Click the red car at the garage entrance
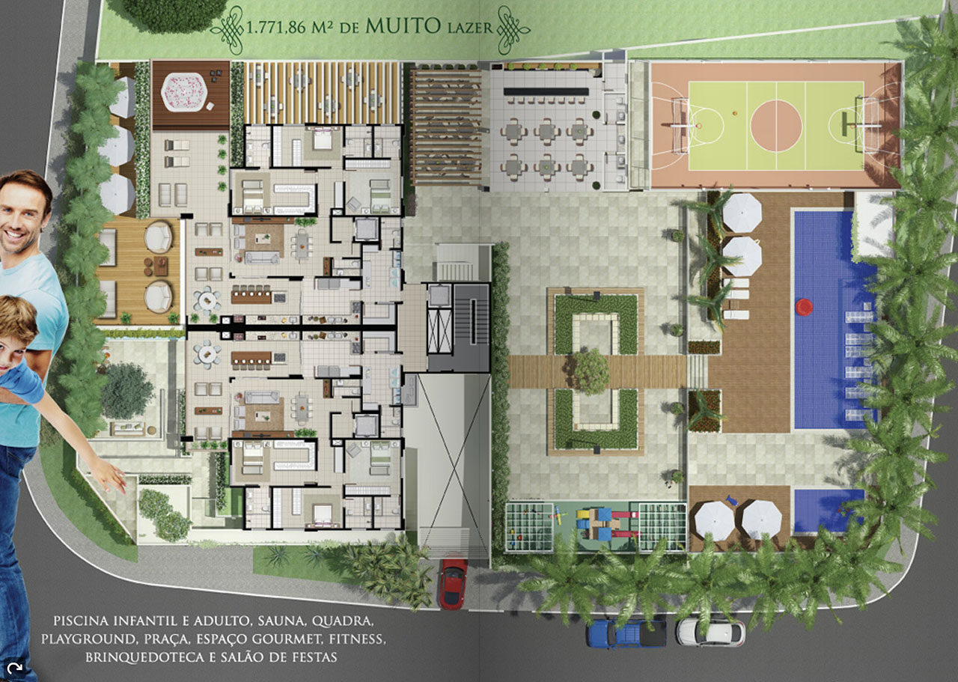(x=453, y=582)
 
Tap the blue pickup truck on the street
(x=626, y=633)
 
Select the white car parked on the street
(x=710, y=632)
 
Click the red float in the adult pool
(x=805, y=306)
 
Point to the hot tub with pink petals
(x=184, y=92)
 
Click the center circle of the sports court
(x=776, y=126)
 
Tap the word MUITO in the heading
(x=403, y=26)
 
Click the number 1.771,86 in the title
(x=276, y=28)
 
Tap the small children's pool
(x=829, y=511)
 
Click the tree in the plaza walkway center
(x=591, y=371)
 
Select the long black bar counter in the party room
(x=546, y=91)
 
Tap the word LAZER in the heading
(x=471, y=28)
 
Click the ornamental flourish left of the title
(x=228, y=29)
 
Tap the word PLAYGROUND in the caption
(x=90, y=639)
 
